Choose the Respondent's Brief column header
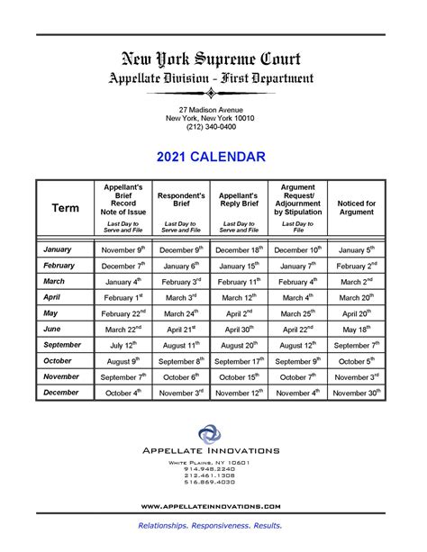pos(181,200)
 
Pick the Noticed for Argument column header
pos(356,209)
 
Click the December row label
pos(61,393)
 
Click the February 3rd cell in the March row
pos(181,281)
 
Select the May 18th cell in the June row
pos(356,330)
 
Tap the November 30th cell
pos(356,393)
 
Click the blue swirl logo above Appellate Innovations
pos(210,436)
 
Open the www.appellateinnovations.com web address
pos(210,507)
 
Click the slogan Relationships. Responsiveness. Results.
pos(210,525)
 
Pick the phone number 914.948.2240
pos(210,469)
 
